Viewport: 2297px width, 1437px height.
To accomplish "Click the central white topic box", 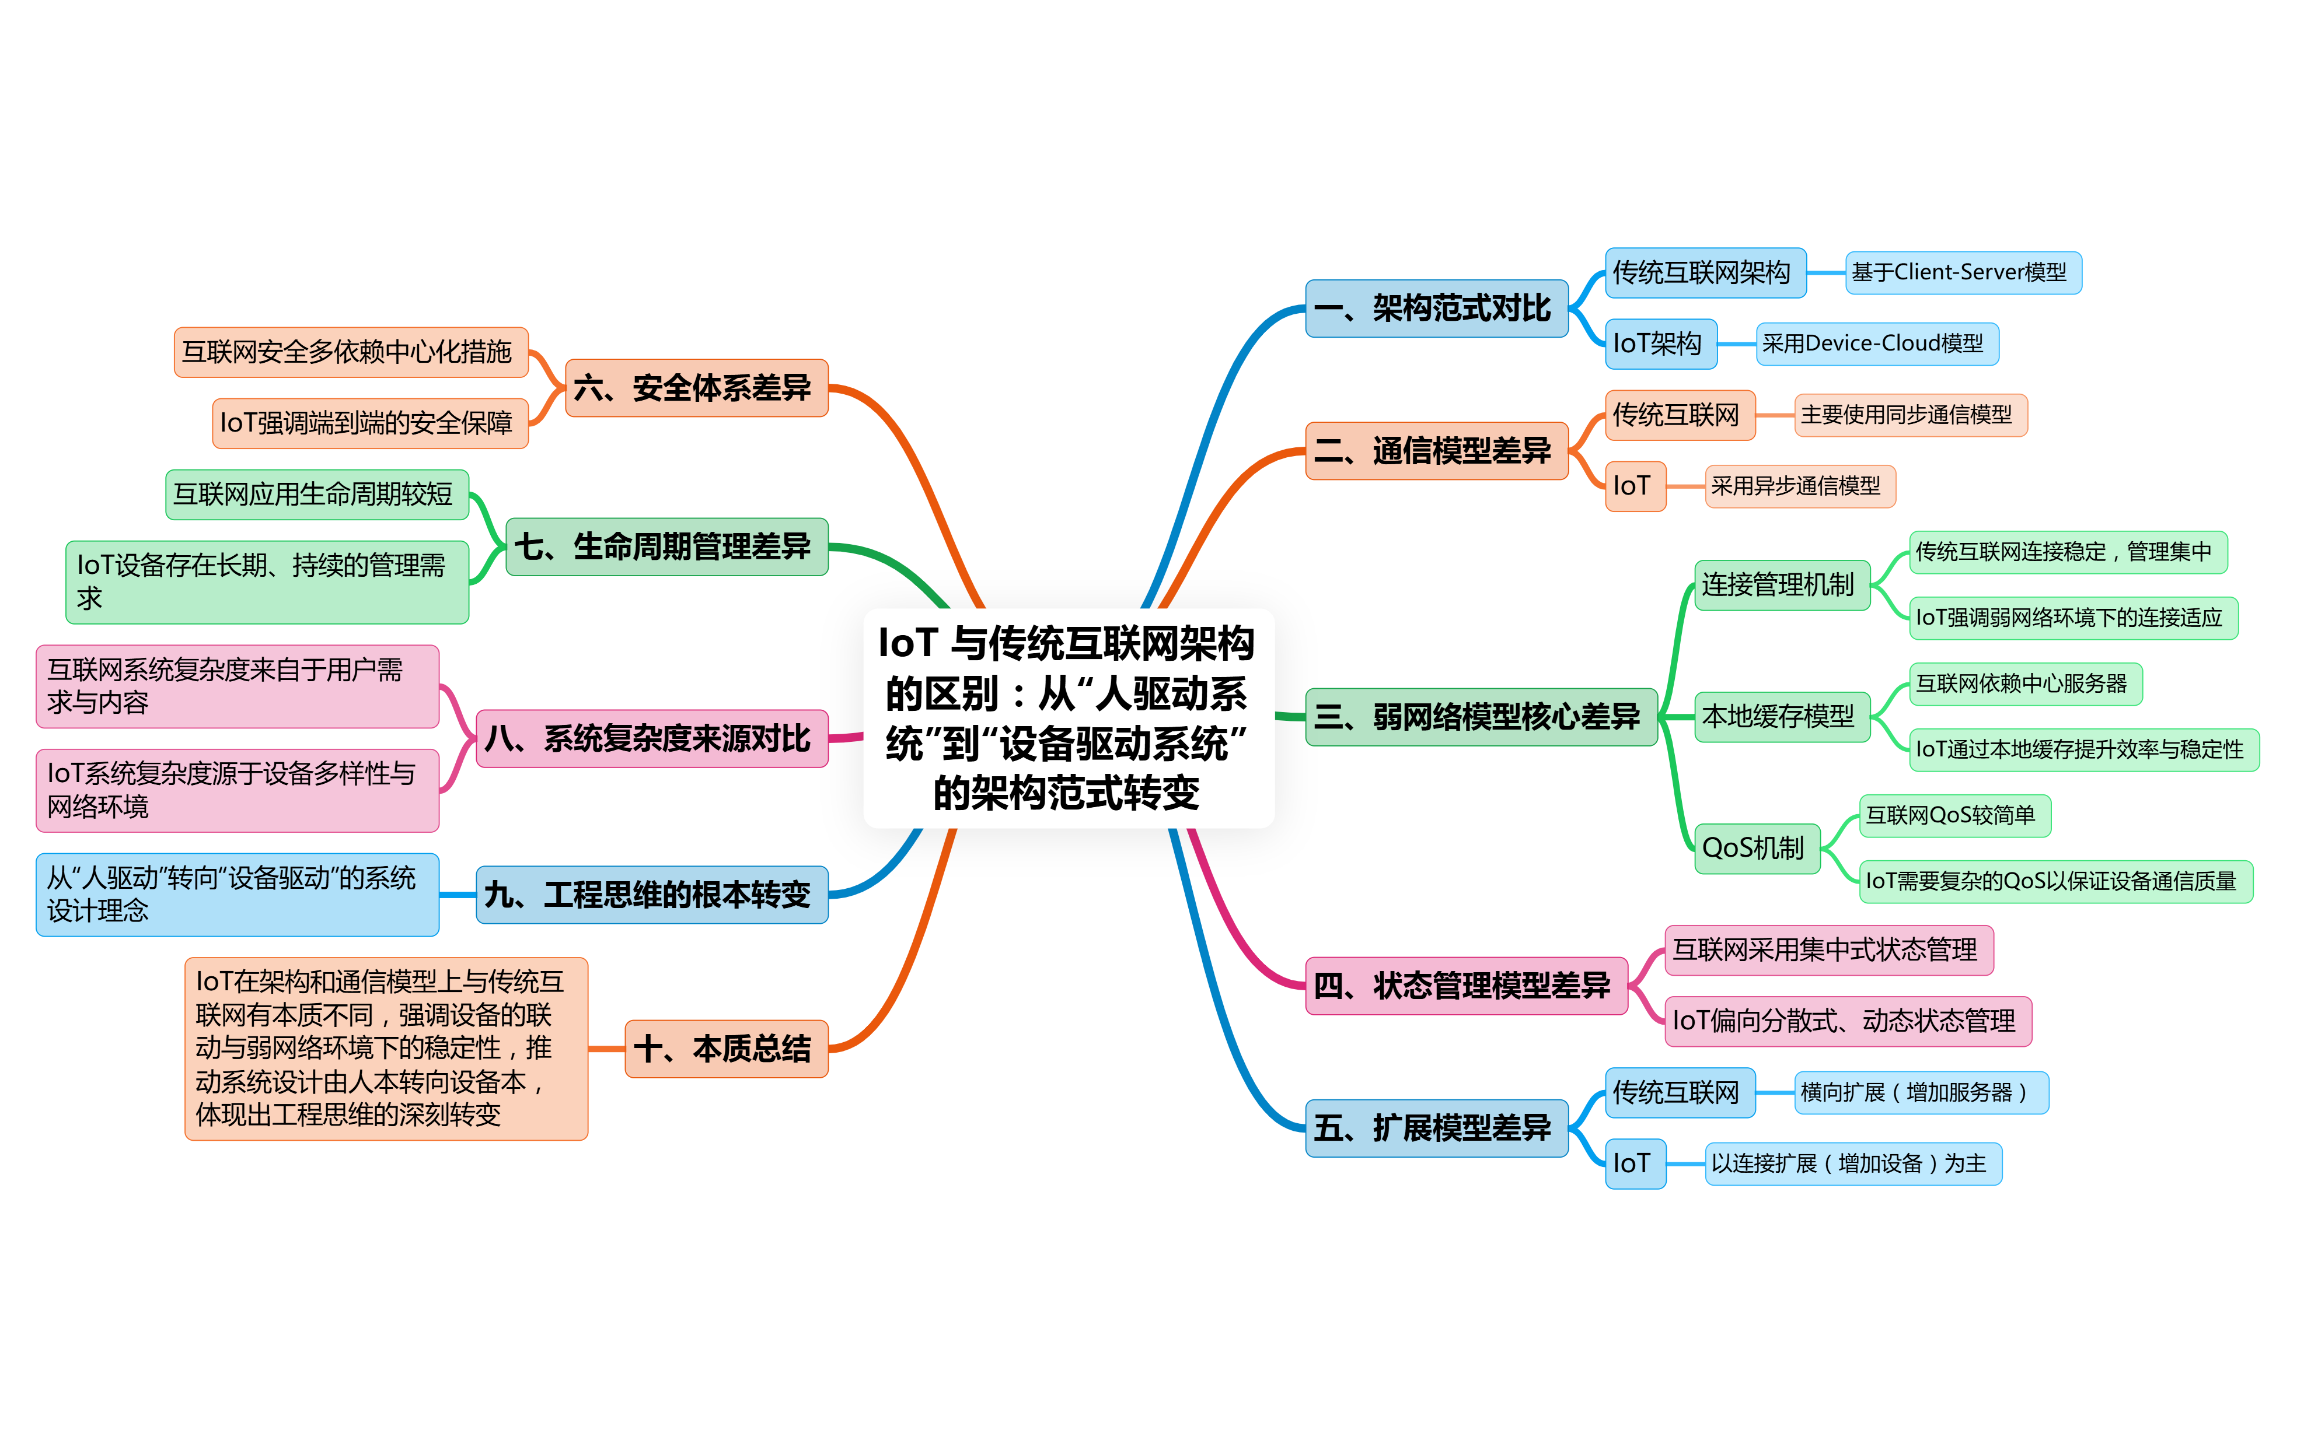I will [1068, 717].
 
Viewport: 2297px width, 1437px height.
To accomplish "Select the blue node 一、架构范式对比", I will [1436, 308].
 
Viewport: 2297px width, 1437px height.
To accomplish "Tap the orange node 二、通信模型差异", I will [1436, 450].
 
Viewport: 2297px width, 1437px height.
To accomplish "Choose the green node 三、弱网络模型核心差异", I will [1481, 717].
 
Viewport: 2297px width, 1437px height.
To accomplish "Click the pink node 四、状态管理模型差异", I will [1465, 986].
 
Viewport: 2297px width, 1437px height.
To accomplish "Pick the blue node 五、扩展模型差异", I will [1436, 1128].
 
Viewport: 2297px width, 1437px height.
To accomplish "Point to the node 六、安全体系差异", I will [696, 388].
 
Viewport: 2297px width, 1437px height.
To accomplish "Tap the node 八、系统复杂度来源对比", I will [651, 738].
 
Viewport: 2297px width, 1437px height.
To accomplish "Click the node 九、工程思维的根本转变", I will [651, 894].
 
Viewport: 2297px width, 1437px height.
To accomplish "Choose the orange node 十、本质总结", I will [725, 1048].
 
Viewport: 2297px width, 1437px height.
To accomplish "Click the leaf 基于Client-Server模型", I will [1963, 273].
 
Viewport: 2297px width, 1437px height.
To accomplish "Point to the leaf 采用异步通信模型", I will [1799, 486].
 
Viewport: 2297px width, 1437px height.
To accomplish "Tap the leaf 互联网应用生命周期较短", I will [317, 494].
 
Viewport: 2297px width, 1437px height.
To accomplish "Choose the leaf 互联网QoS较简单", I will [1954, 815].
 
